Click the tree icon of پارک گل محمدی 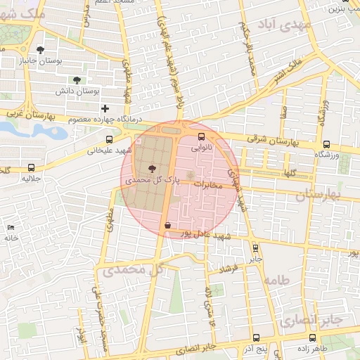152,168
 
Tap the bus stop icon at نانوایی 202,136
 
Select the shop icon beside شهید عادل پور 167,226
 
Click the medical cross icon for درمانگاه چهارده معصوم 105,108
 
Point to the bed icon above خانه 10,227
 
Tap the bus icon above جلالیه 30,167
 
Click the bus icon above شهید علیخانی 108,139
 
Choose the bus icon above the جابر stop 255,247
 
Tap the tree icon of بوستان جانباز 40,50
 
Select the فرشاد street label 229,268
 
